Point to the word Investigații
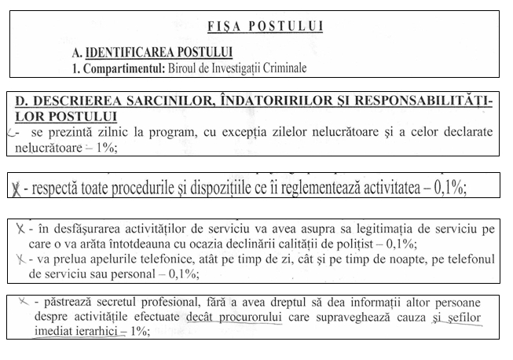point(223,67)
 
